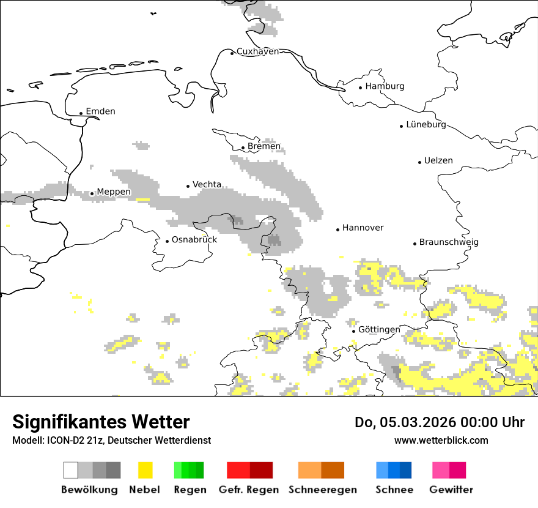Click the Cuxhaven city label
point(257,51)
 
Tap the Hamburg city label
point(385,86)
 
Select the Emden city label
point(100,111)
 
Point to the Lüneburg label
point(426,125)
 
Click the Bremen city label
point(264,146)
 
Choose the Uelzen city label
point(438,161)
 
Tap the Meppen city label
point(114,192)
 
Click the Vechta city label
point(207,185)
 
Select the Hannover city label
point(363,228)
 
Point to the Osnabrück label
point(194,240)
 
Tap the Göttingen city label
point(379,330)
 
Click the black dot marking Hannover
point(337,230)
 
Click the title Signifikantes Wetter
point(101,422)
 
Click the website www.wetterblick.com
point(441,440)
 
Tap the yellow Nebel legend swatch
point(145,470)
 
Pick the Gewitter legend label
point(451,490)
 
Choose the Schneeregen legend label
point(322,490)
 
